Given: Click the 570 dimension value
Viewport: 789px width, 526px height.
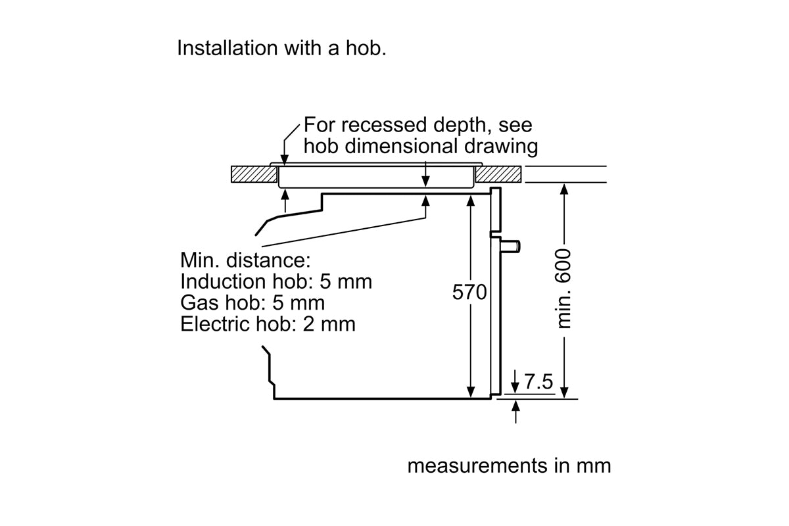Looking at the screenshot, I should (469, 292).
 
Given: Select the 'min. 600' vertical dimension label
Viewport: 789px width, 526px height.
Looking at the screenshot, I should (564, 289).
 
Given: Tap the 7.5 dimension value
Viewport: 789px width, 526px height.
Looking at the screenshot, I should (537, 381).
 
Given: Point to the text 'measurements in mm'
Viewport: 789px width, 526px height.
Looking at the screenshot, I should (509, 466).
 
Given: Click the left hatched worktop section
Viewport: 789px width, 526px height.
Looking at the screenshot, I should (253, 174).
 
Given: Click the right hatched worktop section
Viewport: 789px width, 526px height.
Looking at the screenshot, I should (499, 174).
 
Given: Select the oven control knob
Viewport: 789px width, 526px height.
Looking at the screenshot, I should (512, 246).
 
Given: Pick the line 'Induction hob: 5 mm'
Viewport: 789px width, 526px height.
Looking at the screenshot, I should (276, 281).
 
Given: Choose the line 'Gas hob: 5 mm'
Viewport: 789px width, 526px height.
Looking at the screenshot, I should (252, 302).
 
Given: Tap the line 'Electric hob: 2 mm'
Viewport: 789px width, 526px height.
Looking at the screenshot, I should (268, 323).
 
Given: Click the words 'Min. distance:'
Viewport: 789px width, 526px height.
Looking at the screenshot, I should (241, 260).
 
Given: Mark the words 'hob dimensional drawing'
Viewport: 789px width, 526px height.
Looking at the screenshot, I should (420, 145).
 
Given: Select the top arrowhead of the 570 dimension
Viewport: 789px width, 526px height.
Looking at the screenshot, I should (471, 199).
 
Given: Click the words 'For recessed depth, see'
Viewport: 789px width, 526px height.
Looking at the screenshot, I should (418, 125).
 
